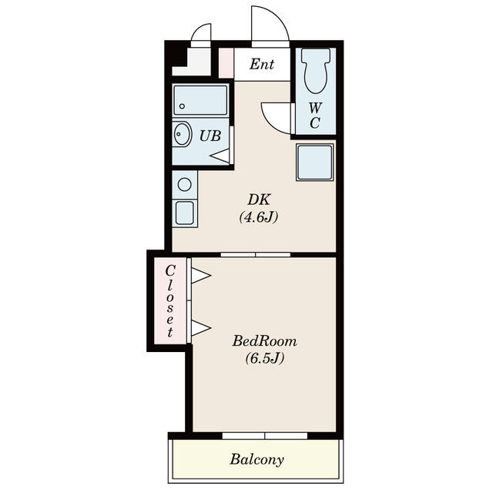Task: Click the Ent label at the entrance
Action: tap(262, 65)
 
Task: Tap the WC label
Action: tap(315, 116)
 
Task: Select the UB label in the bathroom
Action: tap(210, 136)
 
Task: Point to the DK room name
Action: tap(259, 200)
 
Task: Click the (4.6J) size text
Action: tap(259, 217)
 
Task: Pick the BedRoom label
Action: tap(264, 341)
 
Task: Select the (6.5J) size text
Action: tap(265, 357)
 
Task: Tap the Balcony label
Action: tap(257, 459)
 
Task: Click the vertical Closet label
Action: tap(170, 301)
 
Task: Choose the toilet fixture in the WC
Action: tap(316, 71)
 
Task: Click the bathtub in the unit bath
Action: tap(200, 100)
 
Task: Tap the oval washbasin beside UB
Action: tap(182, 134)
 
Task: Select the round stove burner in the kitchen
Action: tap(185, 184)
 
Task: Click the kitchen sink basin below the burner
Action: tap(185, 213)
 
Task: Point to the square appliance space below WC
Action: tap(315, 163)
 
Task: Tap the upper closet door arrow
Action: tap(201, 276)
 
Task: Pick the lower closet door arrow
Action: tap(201, 328)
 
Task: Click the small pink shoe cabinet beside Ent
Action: tap(226, 62)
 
